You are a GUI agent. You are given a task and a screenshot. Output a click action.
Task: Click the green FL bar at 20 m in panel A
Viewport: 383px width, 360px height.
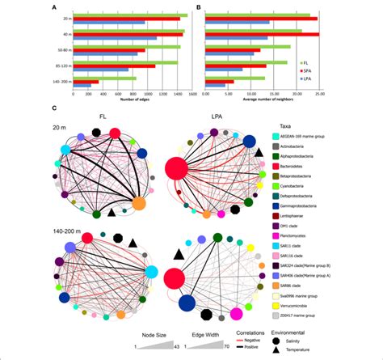coord(129,15)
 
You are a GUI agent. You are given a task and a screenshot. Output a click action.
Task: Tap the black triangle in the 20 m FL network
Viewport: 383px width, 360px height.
coord(112,213)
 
